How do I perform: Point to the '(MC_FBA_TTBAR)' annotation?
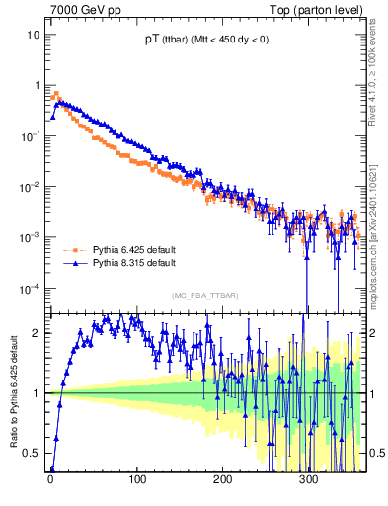[201, 296]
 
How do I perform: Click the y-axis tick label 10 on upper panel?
[33, 35]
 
